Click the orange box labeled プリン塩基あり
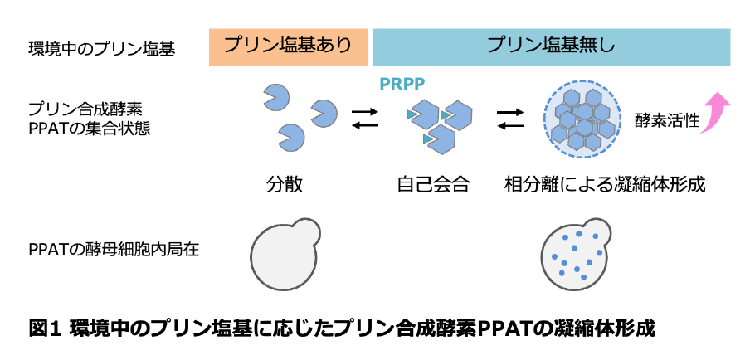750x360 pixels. (289, 46)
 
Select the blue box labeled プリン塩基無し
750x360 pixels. (552, 46)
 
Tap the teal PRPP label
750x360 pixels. (402, 84)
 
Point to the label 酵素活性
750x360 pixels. (666, 120)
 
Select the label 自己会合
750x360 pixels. (432, 184)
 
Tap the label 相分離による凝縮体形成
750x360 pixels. (605, 184)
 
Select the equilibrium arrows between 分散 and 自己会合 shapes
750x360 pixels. (365, 119)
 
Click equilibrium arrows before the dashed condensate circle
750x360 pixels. (510, 119)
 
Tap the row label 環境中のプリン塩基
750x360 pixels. (101, 49)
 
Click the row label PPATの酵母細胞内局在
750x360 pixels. (114, 250)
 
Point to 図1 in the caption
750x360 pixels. (46, 329)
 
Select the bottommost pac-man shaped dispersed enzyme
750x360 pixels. (292, 137)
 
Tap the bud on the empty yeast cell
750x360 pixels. (307, 233)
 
